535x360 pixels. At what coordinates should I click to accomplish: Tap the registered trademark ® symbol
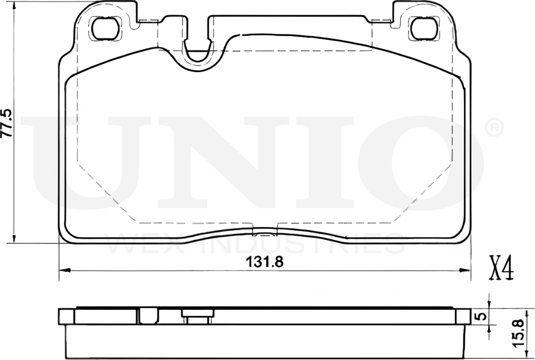pos(494,128)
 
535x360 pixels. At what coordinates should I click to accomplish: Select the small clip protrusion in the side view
pos(197,316)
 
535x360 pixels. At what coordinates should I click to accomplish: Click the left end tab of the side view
pos(66,316)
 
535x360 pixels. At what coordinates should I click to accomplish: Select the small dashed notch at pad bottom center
pos(265,232)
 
